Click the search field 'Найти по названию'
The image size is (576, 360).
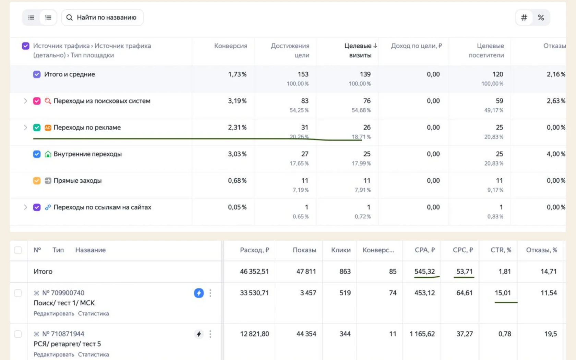click(102, 17)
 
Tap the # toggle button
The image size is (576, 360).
click(524, 17)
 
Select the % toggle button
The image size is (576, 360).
click(541, 17)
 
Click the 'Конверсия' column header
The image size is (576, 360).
click(231, 46)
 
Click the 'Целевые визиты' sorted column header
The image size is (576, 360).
click(361, 50)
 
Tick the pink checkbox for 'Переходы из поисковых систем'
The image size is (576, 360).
click(37, 101)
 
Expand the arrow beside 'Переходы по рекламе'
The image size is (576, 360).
click(25, 128)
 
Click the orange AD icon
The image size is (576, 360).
click(48, 128)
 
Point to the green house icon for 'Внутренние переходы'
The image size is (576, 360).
click(48, 154)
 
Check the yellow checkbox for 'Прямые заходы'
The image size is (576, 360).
click(37, 180)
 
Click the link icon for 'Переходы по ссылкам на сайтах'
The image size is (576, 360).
click(48, 207)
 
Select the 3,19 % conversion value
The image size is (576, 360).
click(237, 101)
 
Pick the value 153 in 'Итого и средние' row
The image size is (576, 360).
click(303, 74)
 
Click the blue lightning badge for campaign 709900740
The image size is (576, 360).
click(199, 293)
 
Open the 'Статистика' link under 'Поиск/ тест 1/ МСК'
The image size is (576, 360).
click(93, 313)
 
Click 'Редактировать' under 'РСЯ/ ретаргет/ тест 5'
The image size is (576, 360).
click(54, 355)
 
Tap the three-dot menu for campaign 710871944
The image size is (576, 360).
click(211, 334)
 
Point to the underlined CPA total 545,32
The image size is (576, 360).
click(424, 271)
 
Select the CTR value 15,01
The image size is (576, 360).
click(503, 293)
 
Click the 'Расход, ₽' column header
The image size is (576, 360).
click(254, 250)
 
